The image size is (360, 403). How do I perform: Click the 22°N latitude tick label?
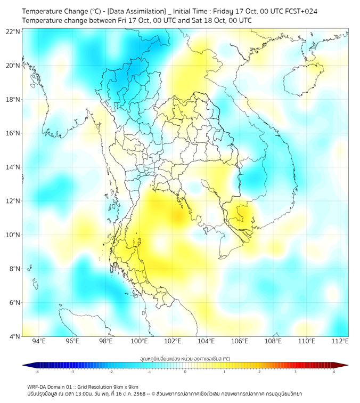pos(13,32)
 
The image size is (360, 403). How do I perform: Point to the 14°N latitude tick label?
pos(13,167)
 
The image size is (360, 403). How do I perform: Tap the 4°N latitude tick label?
pos(15,336)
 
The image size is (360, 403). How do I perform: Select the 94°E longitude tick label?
pos(39,341)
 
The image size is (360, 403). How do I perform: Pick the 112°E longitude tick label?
pos(340,341)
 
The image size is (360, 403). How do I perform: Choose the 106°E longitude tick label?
pos(240,341)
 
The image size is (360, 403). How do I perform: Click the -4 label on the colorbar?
pos(37,372)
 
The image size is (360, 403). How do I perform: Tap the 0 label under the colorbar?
pos(185,372)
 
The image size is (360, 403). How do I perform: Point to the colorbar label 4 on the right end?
pos(334,372)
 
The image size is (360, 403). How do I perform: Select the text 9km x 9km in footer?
pos(126,386)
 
